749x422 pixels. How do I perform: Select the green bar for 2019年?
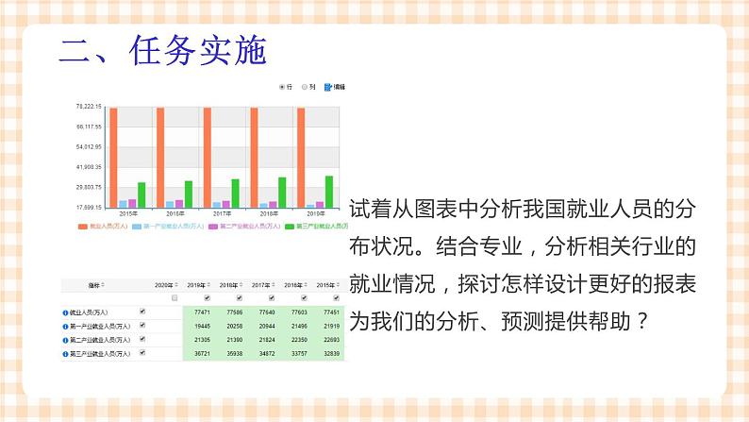point(329,191)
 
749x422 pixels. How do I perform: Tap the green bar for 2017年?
point(235,193)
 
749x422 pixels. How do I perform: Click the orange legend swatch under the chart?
point(81,227)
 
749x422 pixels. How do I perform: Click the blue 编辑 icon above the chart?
point(327,87)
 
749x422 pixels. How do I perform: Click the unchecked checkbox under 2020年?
point(174,297)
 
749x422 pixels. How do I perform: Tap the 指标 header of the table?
point(94,284)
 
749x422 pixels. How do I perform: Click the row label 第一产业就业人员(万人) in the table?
point(100,326)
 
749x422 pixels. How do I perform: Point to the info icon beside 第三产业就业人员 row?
point(65,354)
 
